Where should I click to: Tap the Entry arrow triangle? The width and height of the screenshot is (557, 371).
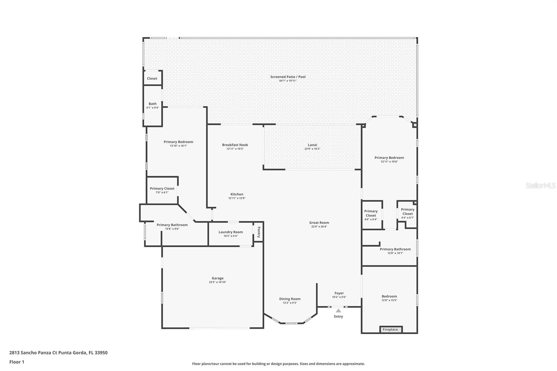click(338, 310)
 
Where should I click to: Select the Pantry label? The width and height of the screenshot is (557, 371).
click(259, 232)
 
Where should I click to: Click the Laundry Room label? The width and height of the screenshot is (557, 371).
click(231, 232)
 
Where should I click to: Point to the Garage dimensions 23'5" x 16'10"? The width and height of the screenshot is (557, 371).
click(218, 282)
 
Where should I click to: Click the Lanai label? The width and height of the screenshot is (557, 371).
click(313, 145)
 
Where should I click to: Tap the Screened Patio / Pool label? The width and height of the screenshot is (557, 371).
click(288, 77)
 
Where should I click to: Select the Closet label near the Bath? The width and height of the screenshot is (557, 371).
click(152, 78)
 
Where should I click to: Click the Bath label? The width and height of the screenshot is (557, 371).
click(153, 104)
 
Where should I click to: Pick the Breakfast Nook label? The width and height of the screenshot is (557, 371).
click(235, 145)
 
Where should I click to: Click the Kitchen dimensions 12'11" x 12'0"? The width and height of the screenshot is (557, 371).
click(237, 198)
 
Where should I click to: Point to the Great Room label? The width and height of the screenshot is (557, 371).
click(319, 222)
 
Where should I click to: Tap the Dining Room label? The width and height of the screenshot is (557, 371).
click(290, 299)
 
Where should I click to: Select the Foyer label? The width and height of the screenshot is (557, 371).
click(339, 293)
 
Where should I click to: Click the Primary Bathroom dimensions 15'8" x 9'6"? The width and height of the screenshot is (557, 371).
click(172, 229)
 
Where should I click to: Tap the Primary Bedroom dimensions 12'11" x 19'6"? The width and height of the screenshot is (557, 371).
click(390, 161)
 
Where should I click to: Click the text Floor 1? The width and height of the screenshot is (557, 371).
click(17, 362)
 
